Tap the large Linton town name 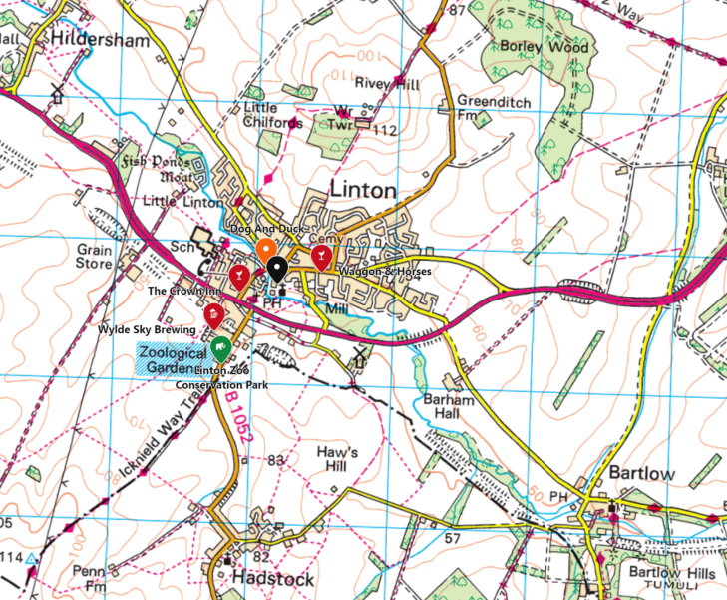tap(363, 190)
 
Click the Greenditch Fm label tap(482, 108)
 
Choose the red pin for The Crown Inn tap(240, 276)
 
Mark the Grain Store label tap(95, 257)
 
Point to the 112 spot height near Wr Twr tap(384, 131)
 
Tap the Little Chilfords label tap(272, 115)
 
